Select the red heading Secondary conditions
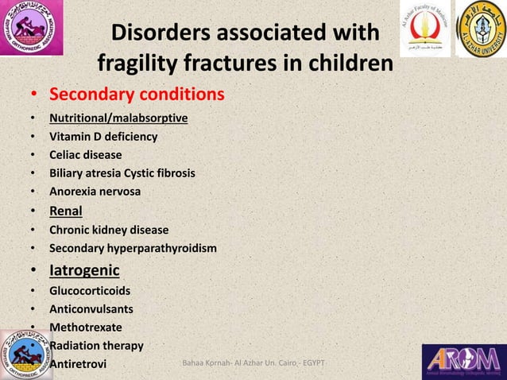point(137,95)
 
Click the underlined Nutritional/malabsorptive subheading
point(118,118)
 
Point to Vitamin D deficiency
point(103,137)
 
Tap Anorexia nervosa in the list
point(95,192)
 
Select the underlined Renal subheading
point(66,211)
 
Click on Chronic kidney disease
point(109,231)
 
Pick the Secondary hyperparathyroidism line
point(133,249)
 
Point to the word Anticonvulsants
point(91,308)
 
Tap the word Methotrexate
point(86,327)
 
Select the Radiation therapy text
point(96,346)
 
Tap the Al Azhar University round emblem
point(480,30)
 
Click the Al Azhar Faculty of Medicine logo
point(424,29)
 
